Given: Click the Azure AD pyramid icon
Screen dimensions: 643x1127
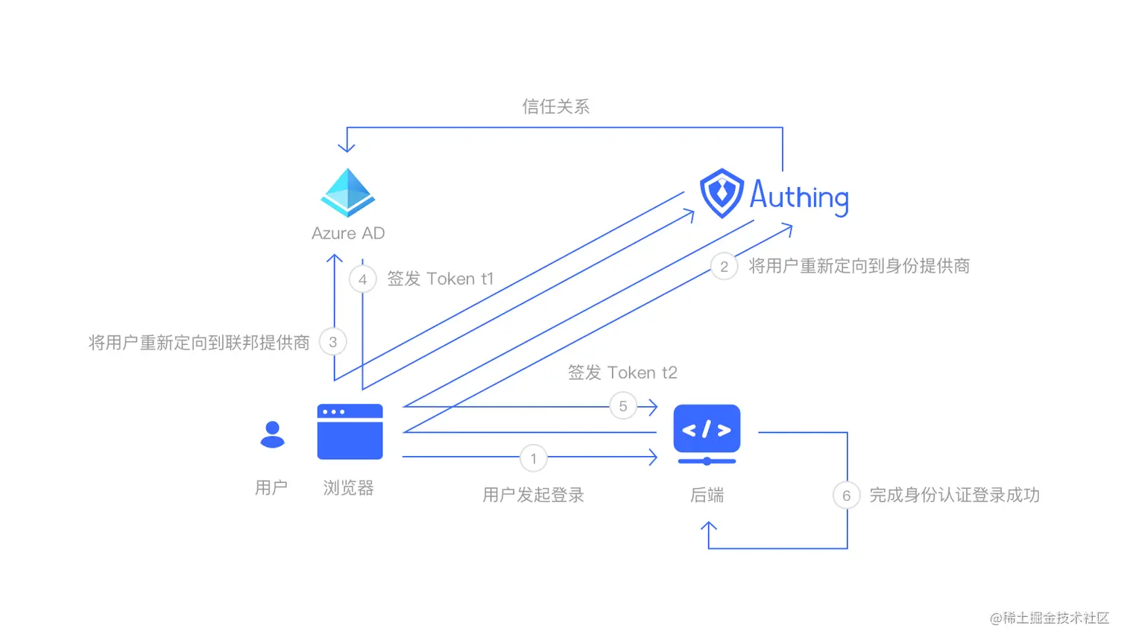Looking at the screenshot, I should [x=348, y=192].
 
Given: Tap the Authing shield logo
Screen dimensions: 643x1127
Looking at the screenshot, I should [x=722, y=193].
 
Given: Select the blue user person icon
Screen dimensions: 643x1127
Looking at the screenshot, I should [x=272, y=434].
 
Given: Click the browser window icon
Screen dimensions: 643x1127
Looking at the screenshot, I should [x=350, y=432].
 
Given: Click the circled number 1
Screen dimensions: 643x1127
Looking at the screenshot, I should [x=534, y=458].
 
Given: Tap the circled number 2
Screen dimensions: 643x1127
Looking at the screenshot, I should [x=724, y=267].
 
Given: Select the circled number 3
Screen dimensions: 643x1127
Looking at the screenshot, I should [x=333, y=342].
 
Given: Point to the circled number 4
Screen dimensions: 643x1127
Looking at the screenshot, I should [x=363, y=279].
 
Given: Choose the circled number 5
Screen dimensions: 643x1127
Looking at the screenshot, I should [x=623, y=406].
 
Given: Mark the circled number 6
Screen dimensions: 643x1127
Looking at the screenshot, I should [x=846, y=495].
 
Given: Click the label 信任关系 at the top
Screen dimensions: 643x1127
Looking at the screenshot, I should [x=556, y=107].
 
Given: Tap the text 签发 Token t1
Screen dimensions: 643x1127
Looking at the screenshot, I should [x=441, y=279].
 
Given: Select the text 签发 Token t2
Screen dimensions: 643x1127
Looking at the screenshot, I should [x=622, y=373].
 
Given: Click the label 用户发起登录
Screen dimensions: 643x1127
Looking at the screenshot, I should [x=534, y=495].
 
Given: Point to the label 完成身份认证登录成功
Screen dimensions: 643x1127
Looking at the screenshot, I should [x=954, y=495].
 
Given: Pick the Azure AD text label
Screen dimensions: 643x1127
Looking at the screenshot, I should [x=348, y=233].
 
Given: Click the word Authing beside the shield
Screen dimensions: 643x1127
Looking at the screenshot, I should [x=799, y=196].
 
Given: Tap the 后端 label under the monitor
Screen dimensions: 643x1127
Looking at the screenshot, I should [x=707, y=495].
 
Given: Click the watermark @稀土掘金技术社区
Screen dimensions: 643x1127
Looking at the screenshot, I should [x=1049, y=618].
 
